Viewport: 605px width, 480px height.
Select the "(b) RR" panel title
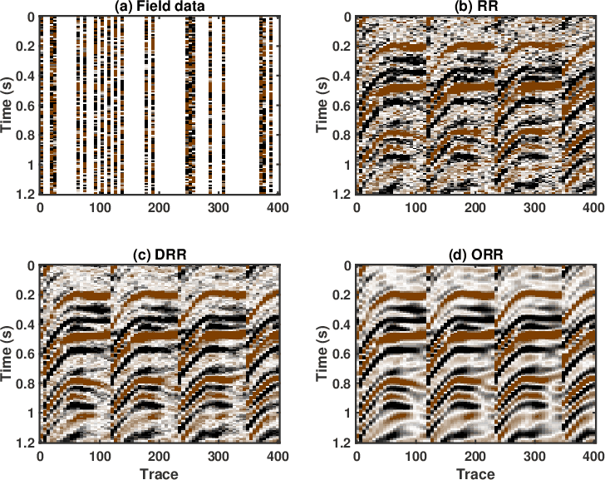click(474, 8)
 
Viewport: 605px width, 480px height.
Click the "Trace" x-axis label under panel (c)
click(159, 473)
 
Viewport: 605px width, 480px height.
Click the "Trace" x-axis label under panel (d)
click(474, 473)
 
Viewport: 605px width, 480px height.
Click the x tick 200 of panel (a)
click(159, 207)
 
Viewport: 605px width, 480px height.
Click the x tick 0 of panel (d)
click(356, 456)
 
